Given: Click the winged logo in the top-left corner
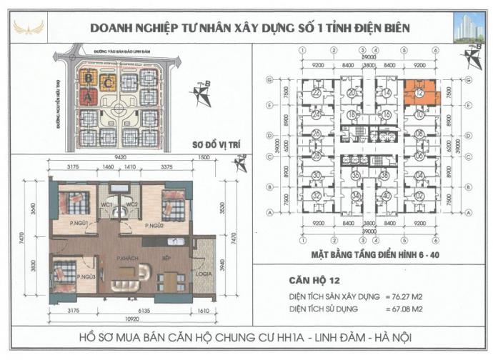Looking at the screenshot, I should (29, 28).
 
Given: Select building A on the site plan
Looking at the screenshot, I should (89, 97).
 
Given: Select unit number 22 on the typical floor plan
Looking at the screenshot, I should (316, 93).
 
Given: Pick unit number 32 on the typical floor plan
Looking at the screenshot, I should (316, 196).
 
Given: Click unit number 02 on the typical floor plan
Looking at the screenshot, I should (420, 196).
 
